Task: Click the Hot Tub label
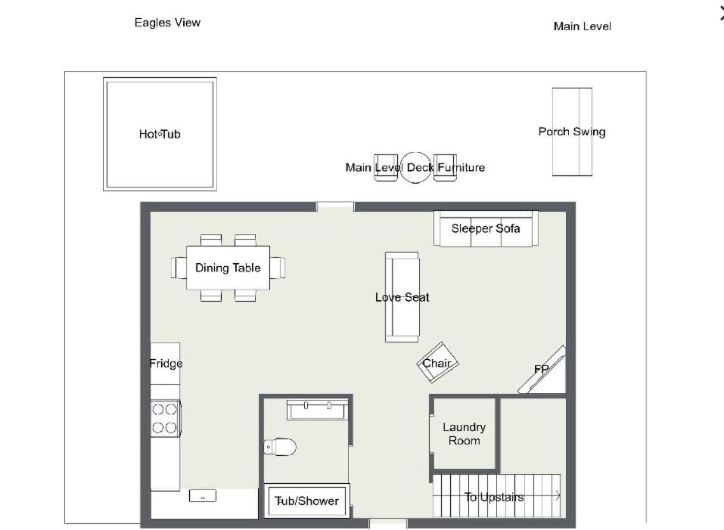pyautogui.click(x=160, y=135)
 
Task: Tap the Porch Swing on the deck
pyautogui.click(x=572, y=132)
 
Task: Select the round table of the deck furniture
pyautogui.click(x=415, y=167)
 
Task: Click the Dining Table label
pyautogui.click(x=228, y=268)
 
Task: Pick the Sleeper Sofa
pyautogui.click(x=486, y=229)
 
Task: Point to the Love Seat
pyautogui.click(x=402, y=297)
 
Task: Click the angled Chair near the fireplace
pyautogui.click(x=437, y=363)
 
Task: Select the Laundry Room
pyautogui.click(x=464, y=433)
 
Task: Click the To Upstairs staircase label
pyautogui.click(x=493, y=497)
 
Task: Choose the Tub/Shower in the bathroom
pyautogui.click(x=306, y=501)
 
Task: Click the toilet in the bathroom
pyautogui.click(x=280, y=447)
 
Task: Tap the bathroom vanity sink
pyautogui.click(x=317, y=410)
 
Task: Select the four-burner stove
pyautogui.click(x=165, y=418)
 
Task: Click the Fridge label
pyautogui.click(x=166, y=364)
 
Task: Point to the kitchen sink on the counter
pyautogui.click(x=203, y=496)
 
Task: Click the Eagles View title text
pyautogui.click(x=168, y=23)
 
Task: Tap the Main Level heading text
pyautogui.click(x=583, y=26)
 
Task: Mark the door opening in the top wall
pyautogui.click(x=335, y=206)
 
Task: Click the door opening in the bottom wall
pyautogui.click(x=388, y=523)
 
